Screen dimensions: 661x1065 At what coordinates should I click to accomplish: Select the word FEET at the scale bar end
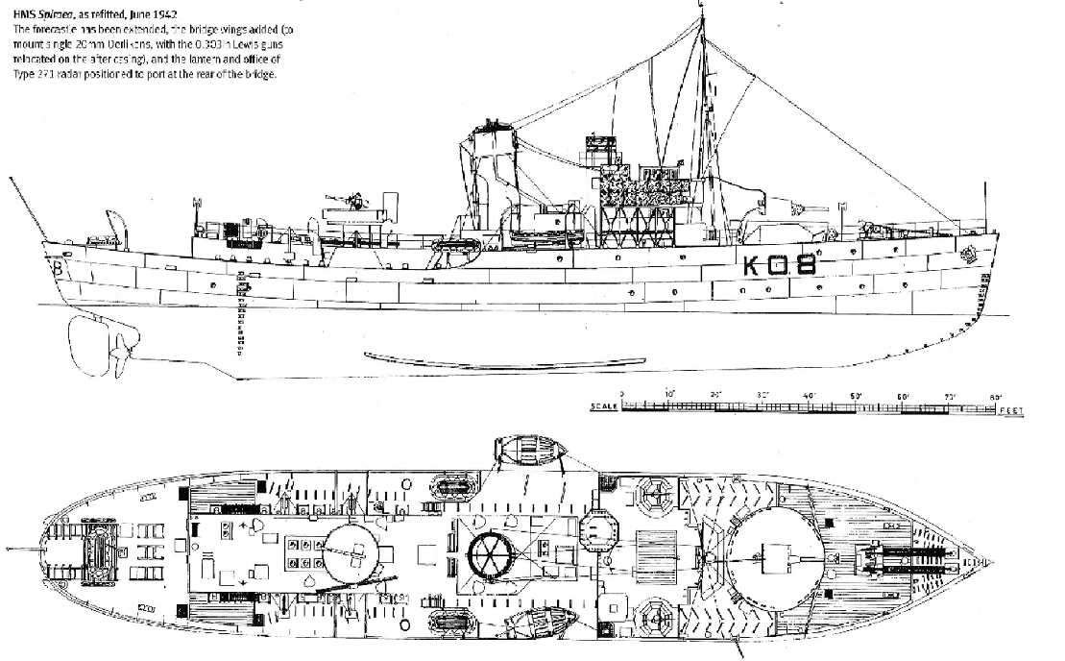pos(1010,411)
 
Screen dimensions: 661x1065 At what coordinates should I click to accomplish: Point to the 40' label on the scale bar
pos(809,395)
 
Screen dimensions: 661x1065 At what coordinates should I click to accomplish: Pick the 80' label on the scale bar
pos(996,395)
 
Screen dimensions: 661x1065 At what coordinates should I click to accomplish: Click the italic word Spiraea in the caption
pos(59,14)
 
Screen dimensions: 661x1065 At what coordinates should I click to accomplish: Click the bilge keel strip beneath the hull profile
pos(499,359)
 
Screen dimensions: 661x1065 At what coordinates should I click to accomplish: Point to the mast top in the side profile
pos(705,8)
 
